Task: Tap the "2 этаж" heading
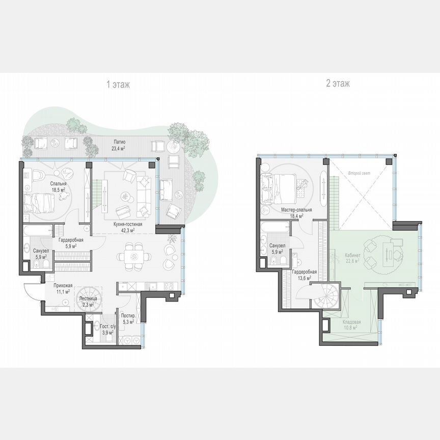tap(338, 84)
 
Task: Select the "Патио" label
tap(120, 142)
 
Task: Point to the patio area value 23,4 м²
tap(120, 148)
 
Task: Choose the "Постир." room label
tap(128, 316)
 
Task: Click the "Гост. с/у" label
tap(107, 326)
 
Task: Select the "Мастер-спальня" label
tap(296, 210)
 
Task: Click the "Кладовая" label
tap(351, 322)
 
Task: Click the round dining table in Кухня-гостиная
tap(136, 255)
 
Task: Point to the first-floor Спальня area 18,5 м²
tap(58, 189)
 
